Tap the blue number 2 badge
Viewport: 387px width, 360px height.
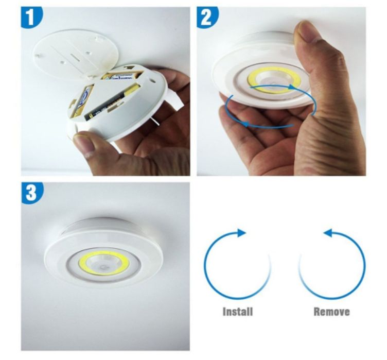[x=207, y=18]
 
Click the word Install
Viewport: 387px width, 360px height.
[x=237, y=311]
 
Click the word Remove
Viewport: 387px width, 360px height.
[x=331, y=311]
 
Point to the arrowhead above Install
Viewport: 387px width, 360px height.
[x=241, y=233]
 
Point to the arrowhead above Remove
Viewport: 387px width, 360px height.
[x=328, y=233]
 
